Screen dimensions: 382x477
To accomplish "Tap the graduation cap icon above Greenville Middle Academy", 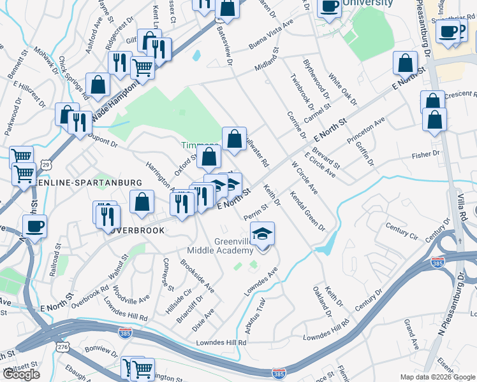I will [262, 234].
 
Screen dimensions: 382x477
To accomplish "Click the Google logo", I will [21, 374].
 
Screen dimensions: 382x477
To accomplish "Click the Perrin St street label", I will [255, 212].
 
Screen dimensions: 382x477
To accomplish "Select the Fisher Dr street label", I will [427, 154].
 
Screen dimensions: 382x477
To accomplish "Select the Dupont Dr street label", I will [103, 137].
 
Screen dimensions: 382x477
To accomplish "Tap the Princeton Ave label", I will [366, 129].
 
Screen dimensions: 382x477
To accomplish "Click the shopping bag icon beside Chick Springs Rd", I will [98, 85].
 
